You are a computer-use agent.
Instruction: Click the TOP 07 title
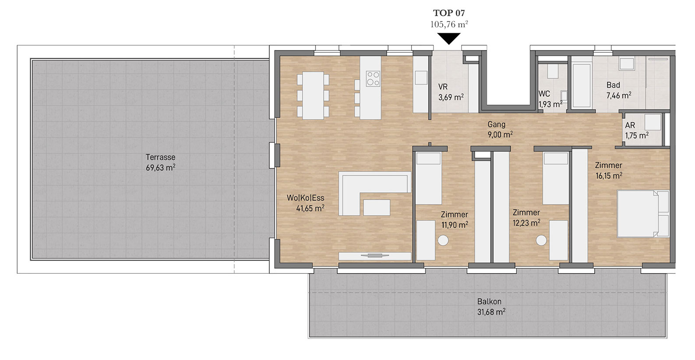pos(449,13)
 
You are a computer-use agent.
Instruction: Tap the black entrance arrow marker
pos(449,38)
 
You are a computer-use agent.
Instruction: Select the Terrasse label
pos(160,157)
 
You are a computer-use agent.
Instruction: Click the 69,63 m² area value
pos(160,168)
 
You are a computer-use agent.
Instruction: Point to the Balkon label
pos(489,301)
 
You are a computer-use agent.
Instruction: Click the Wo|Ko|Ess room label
pos(305,198)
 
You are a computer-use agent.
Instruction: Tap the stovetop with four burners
pos(373,78)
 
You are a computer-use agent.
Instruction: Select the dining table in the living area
pos(313,95)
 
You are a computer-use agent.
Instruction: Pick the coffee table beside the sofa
pos(377,208)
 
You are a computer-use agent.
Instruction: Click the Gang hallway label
pos(497,124)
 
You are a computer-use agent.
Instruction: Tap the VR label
pos(443,87)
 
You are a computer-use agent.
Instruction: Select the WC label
pos(544,94)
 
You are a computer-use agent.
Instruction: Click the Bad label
pos(613,85)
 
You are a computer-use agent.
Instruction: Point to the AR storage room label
pos(630,125)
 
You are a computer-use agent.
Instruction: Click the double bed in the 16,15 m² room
pos(642,214)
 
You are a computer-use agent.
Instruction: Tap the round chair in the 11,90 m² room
pos(443,240)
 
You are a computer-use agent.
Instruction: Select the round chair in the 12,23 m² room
pos(541,240)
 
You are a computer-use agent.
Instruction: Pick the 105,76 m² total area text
pos(449,24)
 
